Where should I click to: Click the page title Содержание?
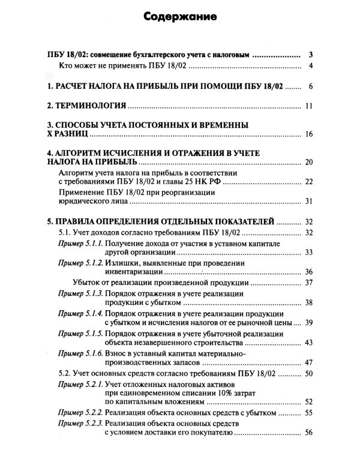[x=180, y=17]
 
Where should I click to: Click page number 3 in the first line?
[x=310, y=54]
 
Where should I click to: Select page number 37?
[x=310, y=282]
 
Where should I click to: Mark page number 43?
[x=310, y=343]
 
